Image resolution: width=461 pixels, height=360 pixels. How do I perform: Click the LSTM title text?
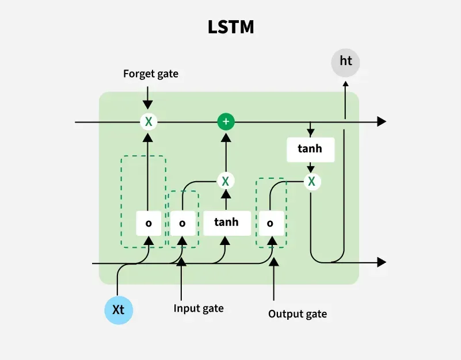coord(230,27)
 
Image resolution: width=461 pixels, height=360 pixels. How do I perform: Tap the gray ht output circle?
coord(345,61)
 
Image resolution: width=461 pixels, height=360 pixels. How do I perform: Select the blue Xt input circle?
coord(119,309)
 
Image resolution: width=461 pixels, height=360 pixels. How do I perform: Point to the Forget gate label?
coord(151,74)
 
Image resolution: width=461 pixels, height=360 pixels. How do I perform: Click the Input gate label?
coord(199,308)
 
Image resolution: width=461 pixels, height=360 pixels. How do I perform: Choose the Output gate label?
coord(298,313)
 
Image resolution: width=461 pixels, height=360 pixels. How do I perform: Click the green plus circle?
coord(226,121)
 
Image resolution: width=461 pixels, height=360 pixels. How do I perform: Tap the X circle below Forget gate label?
coord(148,121)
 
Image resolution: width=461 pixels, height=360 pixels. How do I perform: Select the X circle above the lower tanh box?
coord(226,181)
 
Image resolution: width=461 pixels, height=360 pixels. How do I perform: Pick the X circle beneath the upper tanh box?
coord(311,182)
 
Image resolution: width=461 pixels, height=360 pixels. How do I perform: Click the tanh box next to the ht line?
coord(311,150)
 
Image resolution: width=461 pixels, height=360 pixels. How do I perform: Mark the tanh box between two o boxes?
coord(226,222)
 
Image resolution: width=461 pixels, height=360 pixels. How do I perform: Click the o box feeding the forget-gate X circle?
coord(148,223)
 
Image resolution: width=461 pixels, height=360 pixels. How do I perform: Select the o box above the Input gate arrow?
coord(182,223)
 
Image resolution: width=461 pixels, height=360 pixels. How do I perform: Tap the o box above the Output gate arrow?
coord(270,223)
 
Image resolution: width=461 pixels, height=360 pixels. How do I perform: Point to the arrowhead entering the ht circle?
coord(345,84)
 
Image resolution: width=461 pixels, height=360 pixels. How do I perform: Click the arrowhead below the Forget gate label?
coord(148,105)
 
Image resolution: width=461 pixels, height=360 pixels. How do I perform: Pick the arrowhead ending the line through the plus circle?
coord(381,121)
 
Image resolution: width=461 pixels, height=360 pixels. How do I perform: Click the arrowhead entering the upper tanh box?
coord(311,134)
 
